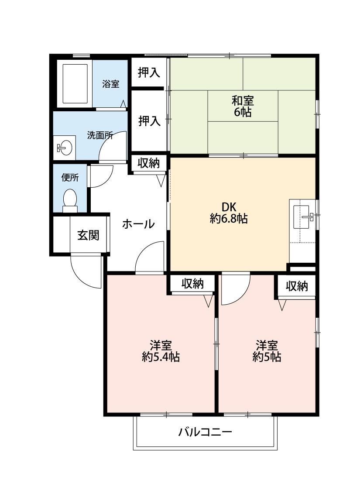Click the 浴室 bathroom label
point(111,84)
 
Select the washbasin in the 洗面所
point(64,148)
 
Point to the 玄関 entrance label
point(88,235)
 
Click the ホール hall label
point(138,224)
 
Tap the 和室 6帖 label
point(243,106)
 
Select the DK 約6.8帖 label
point(229,213)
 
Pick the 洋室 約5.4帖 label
point(161,351)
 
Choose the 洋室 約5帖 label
point(267,351)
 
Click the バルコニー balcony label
point(205,433)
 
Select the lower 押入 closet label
point(149,120)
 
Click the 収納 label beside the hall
point(149,163)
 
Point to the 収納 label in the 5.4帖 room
point(192,284)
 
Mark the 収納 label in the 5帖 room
point(297,286)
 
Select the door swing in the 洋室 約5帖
point(235,288)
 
